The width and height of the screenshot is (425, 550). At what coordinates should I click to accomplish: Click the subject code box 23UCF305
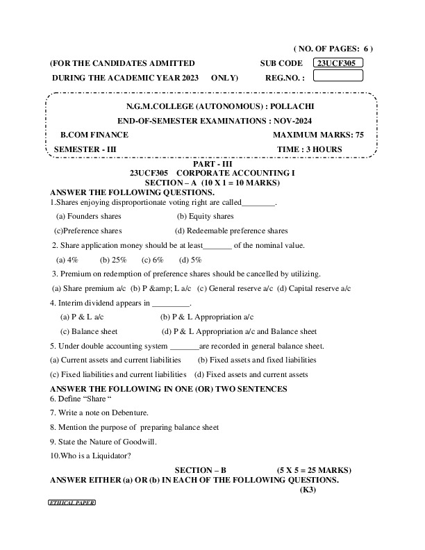pyautogui.click(x=338, y=63)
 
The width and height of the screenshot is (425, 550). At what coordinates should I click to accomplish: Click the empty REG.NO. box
pyautogui.click(x=338, y=77)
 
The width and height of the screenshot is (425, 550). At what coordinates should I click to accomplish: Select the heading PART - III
pyautogui.click(x=212, y=162)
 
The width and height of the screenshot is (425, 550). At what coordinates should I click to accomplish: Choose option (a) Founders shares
pyautogui.click(x=88, y=217)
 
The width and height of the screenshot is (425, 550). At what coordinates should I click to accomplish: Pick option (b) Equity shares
pyautogui.click(x=205, y=217)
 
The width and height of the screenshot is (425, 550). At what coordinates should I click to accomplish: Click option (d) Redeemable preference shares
pyautogui.click(x=231, y=231)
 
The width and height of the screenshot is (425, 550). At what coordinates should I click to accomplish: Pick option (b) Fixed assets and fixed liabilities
pyautogui.click(x=257, y=360)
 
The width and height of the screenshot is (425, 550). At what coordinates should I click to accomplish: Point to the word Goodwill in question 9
pyautogui.click(x=142, y=441)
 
